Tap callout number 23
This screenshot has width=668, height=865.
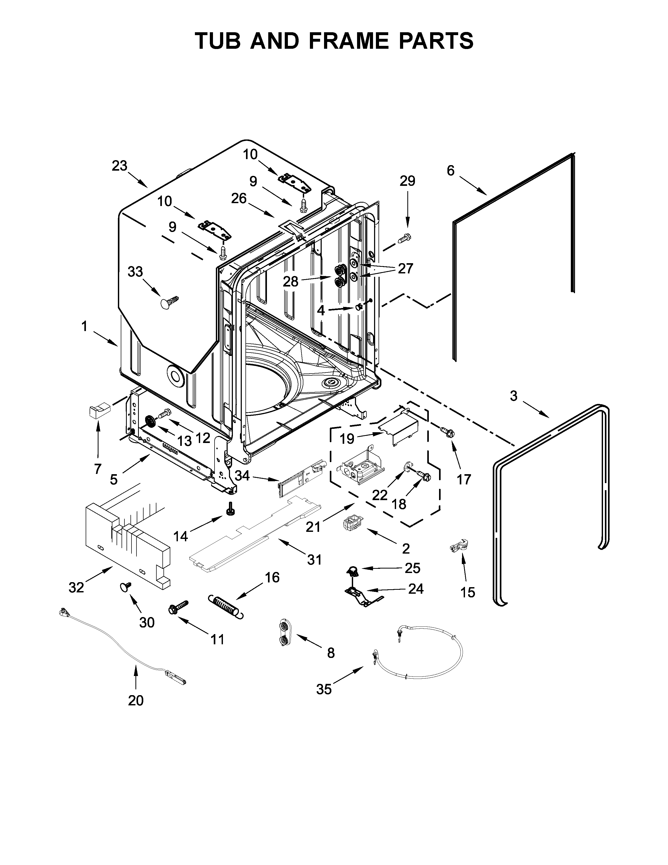click(x=119, y=166)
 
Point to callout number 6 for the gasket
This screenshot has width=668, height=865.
click(x=451, y=170)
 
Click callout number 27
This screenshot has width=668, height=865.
click(x=405, y=268)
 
